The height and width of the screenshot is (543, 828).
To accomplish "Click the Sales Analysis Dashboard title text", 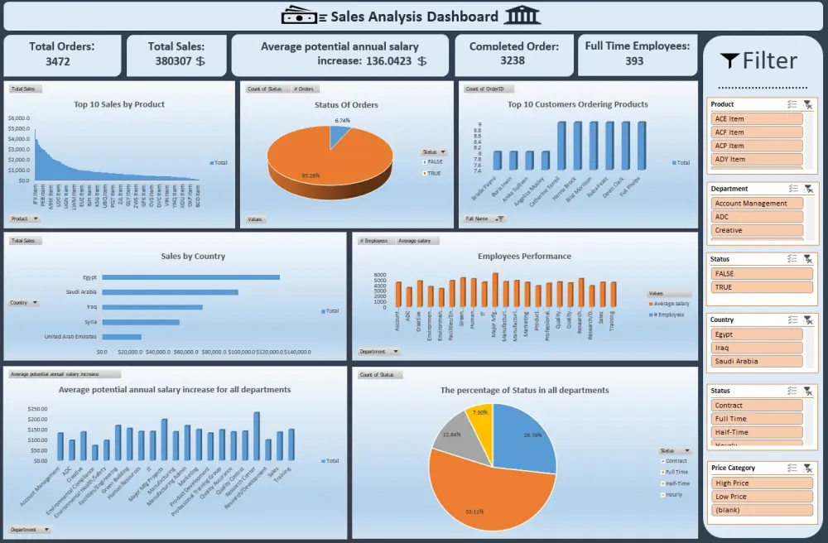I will (414, 17).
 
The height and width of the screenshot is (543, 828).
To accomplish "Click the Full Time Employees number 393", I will (634, 60).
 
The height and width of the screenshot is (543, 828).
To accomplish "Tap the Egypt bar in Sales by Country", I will (190, 277).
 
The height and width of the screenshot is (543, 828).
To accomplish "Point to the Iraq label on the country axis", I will (91, 307).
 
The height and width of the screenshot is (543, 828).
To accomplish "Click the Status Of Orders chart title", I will (346, 105).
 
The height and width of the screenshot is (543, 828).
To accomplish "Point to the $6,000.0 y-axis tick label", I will (19, 118).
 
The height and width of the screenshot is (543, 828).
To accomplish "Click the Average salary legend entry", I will (671, 304).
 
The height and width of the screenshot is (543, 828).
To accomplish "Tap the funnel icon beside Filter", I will (729, 60).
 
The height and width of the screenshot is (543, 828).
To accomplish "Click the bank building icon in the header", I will (522, 16).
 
